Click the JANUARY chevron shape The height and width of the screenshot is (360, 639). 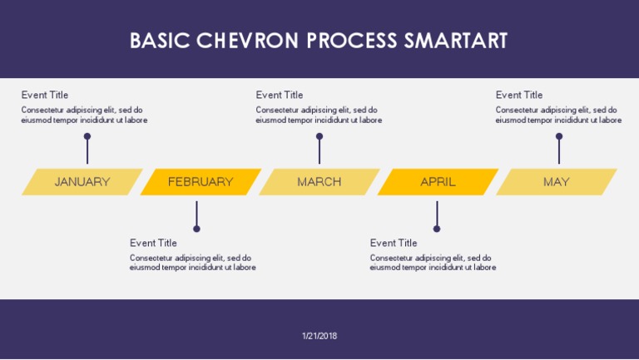(x=82, y=182)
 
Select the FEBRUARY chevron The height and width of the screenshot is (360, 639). (x=201, y=182)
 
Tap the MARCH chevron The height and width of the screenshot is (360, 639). (x=319, y=182)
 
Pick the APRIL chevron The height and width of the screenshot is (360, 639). (x=438, y=182)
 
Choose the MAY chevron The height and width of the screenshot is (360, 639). (x=556, y=182)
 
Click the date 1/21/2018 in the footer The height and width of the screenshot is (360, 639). (x=319, y=336)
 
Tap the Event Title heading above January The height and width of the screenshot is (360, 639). (x=45, y=95)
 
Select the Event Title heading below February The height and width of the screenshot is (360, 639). (x=153, y=243)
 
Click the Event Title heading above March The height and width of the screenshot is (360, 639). (x=280, y=95)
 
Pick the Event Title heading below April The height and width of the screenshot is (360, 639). (x=394, y=243)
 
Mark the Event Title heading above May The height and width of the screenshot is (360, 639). (x=519, y=95)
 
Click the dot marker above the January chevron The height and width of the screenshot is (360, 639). (x=87, y=136)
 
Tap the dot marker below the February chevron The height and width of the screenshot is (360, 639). (x=196, y=229)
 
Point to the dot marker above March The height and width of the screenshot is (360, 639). (x=319, y=136)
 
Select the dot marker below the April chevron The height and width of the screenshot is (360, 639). (x=437, y=229)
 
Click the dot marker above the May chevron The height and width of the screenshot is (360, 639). (x=559, y=136)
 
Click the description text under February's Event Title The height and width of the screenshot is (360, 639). (x=192, y=263)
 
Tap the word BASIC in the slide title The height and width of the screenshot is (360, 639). (x=160, y=41)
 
